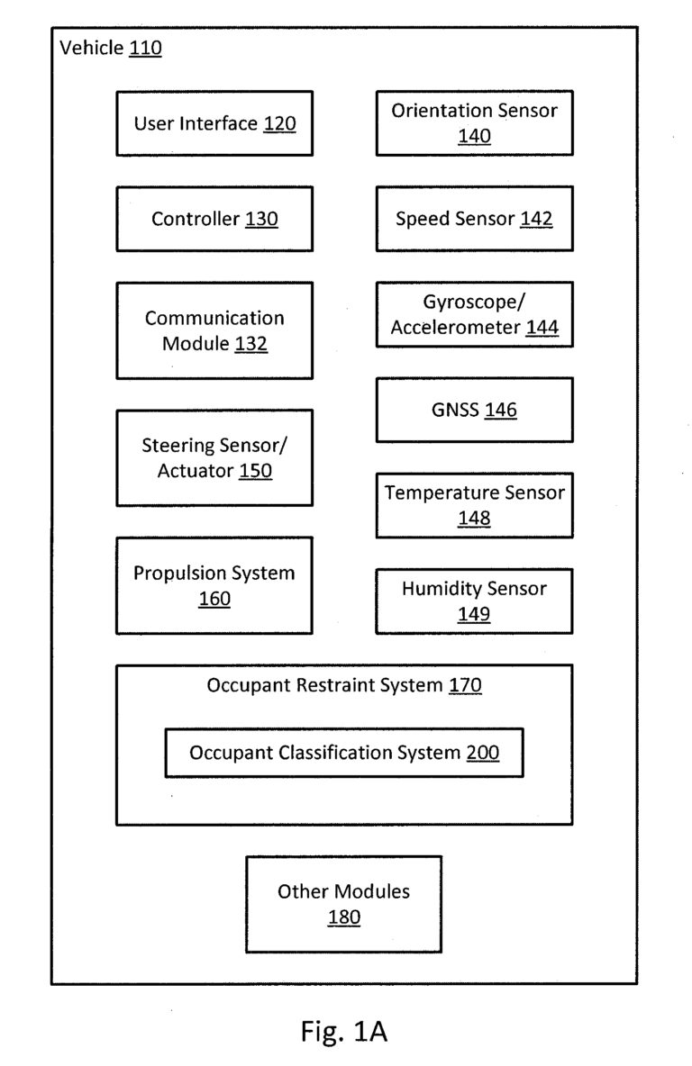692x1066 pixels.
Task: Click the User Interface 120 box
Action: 214,123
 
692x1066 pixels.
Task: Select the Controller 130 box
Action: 214,219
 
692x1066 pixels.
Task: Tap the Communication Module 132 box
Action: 214,330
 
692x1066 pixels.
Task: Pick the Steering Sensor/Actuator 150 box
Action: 214,457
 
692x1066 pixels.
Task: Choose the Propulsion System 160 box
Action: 214,585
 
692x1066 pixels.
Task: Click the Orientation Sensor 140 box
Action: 474,123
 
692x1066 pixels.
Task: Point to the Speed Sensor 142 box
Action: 474,219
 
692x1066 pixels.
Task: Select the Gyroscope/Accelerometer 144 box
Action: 474,314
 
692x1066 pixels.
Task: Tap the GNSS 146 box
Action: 474,410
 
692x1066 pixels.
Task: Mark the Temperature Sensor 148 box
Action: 474,505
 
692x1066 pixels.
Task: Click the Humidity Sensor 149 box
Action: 474,601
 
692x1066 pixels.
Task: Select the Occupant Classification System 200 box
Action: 344,753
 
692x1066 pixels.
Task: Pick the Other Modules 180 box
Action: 343,904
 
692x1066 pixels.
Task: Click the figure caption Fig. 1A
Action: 344,1031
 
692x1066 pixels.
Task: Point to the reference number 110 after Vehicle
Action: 145,48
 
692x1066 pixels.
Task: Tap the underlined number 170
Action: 466,685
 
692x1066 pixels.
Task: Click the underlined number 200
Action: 483,753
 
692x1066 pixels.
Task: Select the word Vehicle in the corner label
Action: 92,48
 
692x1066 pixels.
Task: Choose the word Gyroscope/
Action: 474,302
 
